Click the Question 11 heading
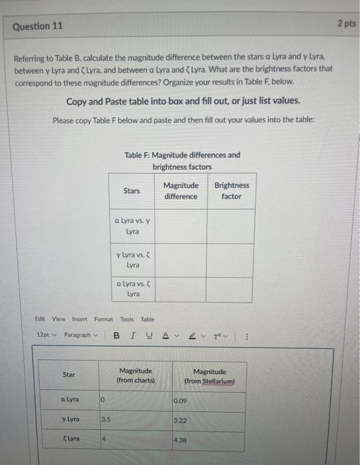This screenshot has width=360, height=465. coord(38,27)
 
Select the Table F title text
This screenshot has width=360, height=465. coord(182,161)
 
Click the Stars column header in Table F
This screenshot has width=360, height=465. coord(132,191)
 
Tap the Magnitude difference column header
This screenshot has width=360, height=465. coord(181,191)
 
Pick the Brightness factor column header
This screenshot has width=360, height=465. coord(231,191)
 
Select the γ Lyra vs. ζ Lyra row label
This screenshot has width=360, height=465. coord(132,260)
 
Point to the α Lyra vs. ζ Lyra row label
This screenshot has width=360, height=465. coord(132,289)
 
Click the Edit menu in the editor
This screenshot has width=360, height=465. coord(41,319)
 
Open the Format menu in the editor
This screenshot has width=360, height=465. coord(104,319)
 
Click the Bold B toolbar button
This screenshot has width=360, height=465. coord(116,335)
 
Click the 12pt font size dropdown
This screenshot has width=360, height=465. coord(46,335)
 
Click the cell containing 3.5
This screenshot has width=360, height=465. coord(106,420)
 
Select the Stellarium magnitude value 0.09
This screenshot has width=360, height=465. coord(180,401)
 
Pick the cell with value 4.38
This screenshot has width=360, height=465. coord(180,440)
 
